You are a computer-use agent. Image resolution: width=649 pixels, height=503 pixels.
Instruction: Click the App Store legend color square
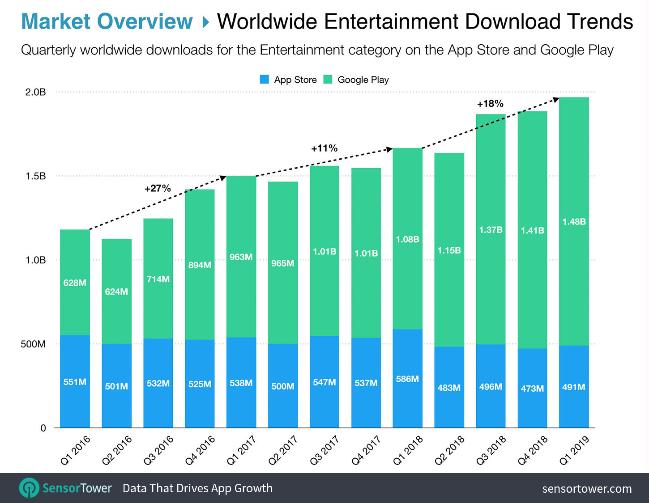click(x=265, y=80)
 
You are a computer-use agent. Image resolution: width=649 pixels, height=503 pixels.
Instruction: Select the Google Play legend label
click(x=363, y=80)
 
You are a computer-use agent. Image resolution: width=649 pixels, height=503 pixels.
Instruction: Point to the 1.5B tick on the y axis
click(x=36, y=176)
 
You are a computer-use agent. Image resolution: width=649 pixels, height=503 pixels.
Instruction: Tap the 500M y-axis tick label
click(x=33, y=344)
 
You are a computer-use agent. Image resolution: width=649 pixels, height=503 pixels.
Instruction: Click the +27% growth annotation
click(x=158, y=189)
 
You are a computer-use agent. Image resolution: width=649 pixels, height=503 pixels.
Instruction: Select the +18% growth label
click(x=490, y=104)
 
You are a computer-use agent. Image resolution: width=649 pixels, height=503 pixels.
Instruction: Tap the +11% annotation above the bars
click(x=324, y=148)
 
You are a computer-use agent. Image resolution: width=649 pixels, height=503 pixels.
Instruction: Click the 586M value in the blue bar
click(x=407, y=379)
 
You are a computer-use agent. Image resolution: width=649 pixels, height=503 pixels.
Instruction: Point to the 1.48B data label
click(x=574, y=222)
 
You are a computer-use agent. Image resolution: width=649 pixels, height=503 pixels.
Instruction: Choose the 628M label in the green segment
click(x=75, y=283)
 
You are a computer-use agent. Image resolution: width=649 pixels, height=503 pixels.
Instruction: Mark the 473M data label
click(x=532, y=389)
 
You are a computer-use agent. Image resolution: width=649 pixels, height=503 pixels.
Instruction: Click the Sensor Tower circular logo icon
click(x=29, y=488)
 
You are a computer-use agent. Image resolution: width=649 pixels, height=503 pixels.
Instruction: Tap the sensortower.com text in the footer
click(x=587, y=489)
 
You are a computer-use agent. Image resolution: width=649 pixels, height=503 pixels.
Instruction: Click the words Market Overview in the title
click(x=107, y=21)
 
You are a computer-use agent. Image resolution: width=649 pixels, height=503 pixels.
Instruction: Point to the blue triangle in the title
click(x=206, y=22)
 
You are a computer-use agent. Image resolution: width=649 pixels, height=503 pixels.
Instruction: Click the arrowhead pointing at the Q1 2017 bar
click(x=222, y=178)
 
